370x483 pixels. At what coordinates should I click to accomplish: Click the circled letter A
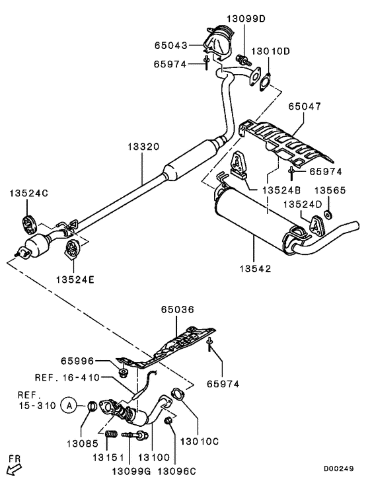coord(67,405)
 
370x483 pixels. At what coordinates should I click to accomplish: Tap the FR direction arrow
coord(13,468)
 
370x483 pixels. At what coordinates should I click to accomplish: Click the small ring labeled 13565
coord(330,215)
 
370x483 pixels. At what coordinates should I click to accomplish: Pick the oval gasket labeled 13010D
coord(265,83)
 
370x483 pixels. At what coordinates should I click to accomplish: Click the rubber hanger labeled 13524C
coord(29,220)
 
